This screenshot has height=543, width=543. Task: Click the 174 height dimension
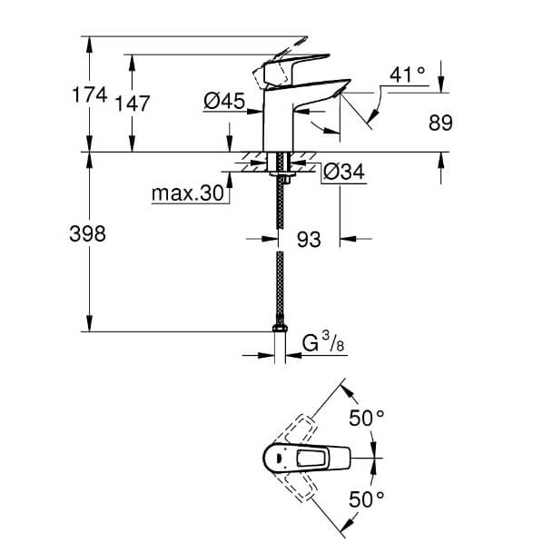click(x=90, y=94)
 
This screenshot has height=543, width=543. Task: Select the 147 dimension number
click(x=133, y=104)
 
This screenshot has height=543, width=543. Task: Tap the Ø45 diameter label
click(x=224, y=101)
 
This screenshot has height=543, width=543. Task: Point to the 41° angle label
click(x=407, y=74)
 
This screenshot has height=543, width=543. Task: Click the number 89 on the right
click(x=440, y=123)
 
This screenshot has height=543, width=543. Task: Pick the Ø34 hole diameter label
click(x=344, y=172)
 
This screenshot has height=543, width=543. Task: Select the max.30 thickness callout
click(x=188, y=193)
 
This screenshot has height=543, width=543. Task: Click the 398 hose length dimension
click(x=87, y=233)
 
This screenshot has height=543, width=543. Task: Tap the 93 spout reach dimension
click(x=309, y=240)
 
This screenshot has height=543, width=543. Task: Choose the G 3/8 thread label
click(x=323, y=341)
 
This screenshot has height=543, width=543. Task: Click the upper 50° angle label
click(x=366, y=418)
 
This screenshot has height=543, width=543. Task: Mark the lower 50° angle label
click(x=366, y=499)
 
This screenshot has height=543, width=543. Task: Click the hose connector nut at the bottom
click(x=280, y=328)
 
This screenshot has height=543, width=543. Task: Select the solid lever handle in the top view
click(x=307, y=458)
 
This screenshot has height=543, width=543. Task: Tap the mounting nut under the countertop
click(x=281, y=174)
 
